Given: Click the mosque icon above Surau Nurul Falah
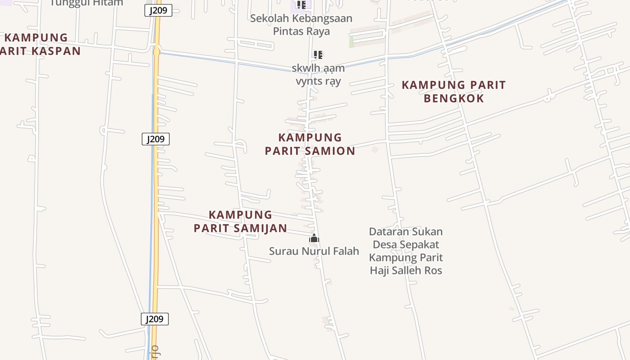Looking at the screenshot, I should (314, 238).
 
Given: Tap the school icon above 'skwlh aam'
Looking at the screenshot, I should (318, 55).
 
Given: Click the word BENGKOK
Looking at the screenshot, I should (454, 99).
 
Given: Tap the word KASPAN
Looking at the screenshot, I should (56, 51).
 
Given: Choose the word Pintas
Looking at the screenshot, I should (288, 31).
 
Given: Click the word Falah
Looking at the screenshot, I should (346, 251).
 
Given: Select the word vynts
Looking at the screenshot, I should (309, 81).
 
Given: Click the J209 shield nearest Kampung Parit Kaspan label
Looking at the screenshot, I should (158, 10).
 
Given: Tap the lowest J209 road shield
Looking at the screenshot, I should (155, 319).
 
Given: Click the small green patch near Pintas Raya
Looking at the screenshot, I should (351, 42).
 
